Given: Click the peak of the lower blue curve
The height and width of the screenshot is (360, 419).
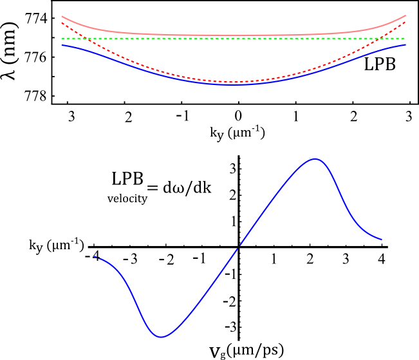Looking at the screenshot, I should [315, 158].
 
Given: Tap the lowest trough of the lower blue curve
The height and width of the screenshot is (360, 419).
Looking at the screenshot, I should [161, 337].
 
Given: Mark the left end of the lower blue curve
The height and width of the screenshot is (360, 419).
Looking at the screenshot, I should [95, 257].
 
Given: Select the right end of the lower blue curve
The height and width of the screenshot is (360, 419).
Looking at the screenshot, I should [382, 240].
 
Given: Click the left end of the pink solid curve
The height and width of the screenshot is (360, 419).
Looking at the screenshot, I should [62, 17].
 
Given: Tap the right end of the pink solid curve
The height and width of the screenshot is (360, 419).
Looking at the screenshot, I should [406, 15].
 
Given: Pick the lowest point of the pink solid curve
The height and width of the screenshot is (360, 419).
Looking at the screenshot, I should [234, 35].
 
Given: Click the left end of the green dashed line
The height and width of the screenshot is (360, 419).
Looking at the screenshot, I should [62, 38].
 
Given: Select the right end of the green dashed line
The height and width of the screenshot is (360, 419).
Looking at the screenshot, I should [406, 38].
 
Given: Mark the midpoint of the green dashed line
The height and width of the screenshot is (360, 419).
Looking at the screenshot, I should [234, 38].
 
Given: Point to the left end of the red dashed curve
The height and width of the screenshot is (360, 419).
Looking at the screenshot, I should [62, 23].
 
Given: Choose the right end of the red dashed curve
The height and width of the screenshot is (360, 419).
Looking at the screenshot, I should [406, 21].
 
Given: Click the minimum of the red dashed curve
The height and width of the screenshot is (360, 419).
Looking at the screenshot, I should [234, 82].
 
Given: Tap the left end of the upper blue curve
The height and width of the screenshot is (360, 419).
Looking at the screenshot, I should [62, 45].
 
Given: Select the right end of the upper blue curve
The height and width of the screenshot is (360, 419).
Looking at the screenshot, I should [406, 44].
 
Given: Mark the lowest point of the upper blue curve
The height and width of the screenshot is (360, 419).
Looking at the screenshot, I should [234, 84].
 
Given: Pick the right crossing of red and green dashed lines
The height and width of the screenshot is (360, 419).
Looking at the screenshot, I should [381, 38].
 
